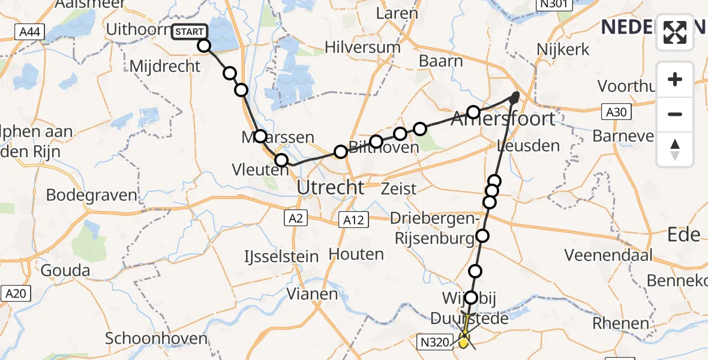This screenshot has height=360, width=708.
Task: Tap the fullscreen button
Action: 675,32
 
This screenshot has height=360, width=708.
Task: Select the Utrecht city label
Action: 331,188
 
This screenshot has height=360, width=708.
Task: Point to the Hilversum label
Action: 362,47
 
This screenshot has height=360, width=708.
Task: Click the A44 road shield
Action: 29,32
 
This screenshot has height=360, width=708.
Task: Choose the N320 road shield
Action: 434,342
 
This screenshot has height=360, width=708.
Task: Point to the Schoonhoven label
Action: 152,338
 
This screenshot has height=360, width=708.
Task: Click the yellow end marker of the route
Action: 464,341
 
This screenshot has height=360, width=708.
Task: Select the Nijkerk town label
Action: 563,49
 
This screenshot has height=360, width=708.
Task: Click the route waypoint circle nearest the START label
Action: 204,46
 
